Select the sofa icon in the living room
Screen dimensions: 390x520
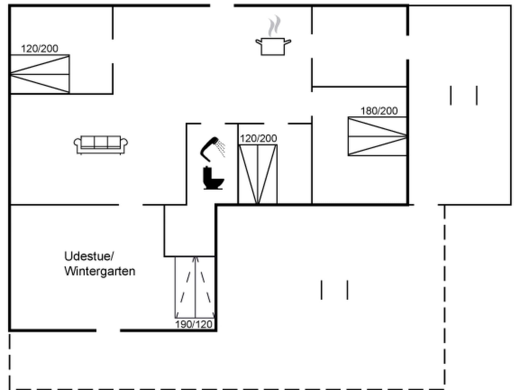tap(101, 145)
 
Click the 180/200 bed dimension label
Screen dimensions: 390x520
tap(379, 111)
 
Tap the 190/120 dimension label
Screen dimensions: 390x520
tap(194, 324)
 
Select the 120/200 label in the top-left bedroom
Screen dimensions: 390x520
tap(39, 49)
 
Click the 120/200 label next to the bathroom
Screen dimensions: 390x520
tap(258, 139)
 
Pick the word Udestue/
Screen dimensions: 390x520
tap(89, 256)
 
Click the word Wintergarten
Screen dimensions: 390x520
tap(100, 271)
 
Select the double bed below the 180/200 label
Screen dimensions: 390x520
tap(377, 136)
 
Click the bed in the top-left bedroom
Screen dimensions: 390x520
tap(40, 74)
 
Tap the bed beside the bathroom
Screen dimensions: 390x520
tap(258, 174)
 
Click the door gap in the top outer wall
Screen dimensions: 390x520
tap(222, 5)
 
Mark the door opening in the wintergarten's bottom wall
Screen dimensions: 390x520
tap(108, 330)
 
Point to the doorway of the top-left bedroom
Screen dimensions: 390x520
tap(113, 52)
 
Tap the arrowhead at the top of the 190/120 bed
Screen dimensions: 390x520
tap(195, 259)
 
